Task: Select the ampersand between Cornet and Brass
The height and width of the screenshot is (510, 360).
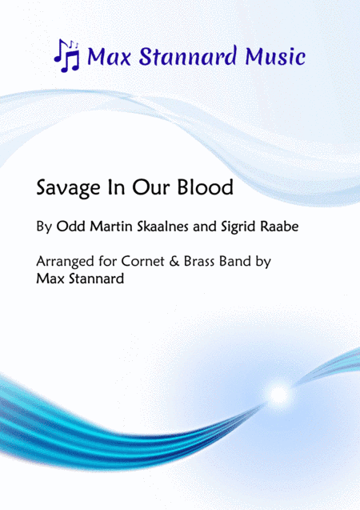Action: point(176,262)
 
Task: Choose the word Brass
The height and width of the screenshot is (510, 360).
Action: point(201,262)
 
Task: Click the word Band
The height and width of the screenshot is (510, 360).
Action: point(242,262)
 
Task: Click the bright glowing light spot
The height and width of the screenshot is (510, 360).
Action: point(278,393)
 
